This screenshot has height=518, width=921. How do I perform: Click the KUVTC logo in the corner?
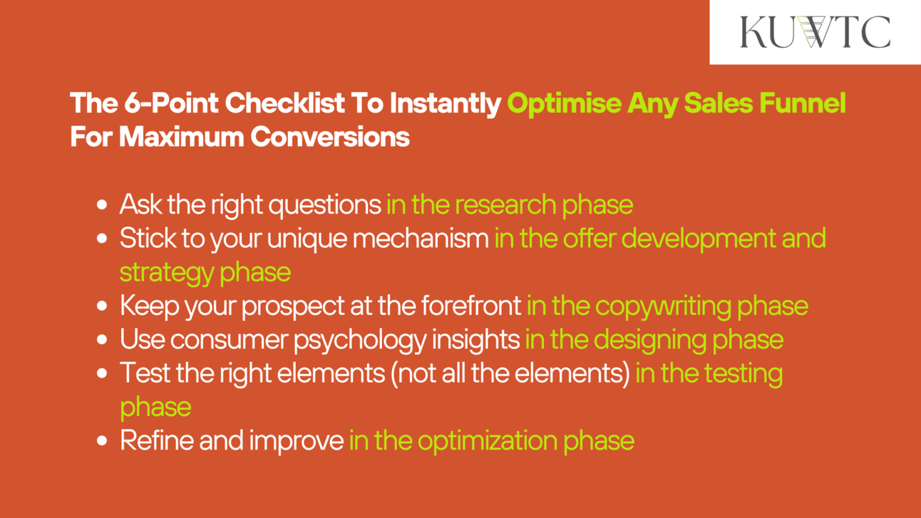click(x=815, y=32)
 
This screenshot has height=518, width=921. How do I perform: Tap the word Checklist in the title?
click(x=284, y=103)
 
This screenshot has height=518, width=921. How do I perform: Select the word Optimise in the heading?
click(x=564, y=103)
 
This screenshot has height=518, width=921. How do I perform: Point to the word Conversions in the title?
click(x=330, y=137)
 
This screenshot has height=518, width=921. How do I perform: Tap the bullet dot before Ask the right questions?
click(x=101, y=204)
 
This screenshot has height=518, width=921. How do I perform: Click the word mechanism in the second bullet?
click(x=421, y=239)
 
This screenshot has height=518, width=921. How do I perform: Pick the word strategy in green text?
click(x=166, y=273)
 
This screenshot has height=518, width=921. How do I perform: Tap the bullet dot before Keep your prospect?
click(x=101, y=306)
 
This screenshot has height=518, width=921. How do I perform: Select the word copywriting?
click(x=663, y=306)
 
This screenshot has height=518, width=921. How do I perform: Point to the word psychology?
click(x=360, y=341)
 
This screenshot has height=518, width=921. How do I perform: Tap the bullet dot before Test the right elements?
click(x=101, y=373)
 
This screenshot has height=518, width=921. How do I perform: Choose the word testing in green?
click(x=744, y=374)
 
